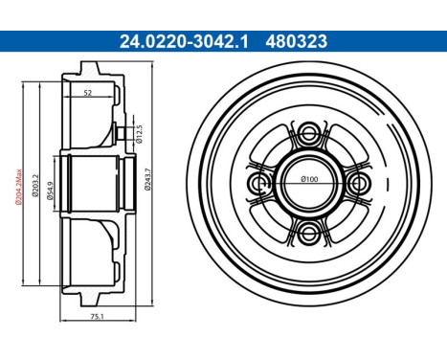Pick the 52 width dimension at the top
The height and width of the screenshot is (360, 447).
(x=88, y=92)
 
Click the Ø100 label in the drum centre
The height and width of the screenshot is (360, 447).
(x=309, y=180)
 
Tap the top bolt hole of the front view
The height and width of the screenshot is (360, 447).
(x=309, y=132)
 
